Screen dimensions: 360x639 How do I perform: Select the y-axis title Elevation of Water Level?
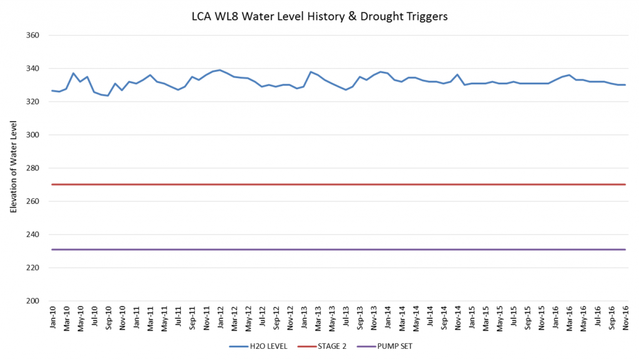point(13,168)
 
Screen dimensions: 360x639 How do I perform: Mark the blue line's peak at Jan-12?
point(220,70)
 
